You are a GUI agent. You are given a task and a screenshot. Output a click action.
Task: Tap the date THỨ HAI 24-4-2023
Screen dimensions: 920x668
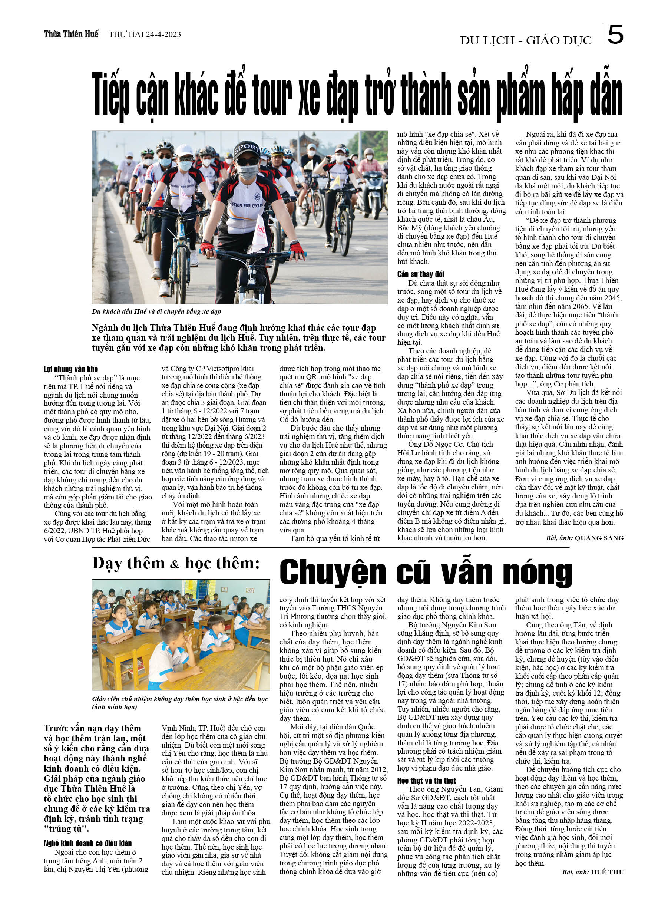pos(145,34)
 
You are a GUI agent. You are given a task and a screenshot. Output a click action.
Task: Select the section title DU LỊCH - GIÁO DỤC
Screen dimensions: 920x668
pos(525,40)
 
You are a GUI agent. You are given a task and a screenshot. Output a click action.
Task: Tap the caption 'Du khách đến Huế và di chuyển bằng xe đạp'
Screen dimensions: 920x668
pos(156,311)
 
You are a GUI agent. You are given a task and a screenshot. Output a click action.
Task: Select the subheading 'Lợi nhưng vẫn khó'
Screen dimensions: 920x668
pos(70,369)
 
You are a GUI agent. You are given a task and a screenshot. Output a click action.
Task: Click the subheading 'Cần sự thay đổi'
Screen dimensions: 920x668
pos(421,274)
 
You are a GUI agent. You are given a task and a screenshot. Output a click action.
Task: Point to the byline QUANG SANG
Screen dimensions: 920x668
pos(599,538)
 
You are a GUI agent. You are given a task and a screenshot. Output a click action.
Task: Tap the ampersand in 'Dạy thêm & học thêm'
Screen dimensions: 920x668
pos(174,565)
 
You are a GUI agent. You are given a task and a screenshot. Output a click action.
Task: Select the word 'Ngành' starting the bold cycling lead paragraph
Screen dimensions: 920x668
pos(105,328)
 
